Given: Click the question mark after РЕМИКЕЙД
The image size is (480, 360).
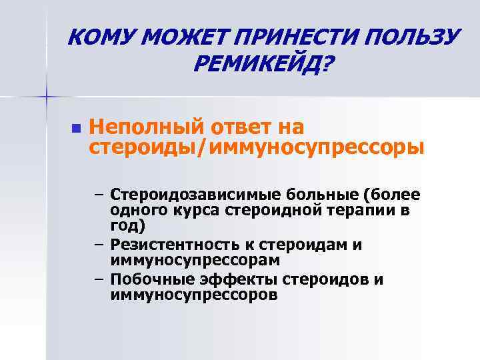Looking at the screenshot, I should tap(329, 65).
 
